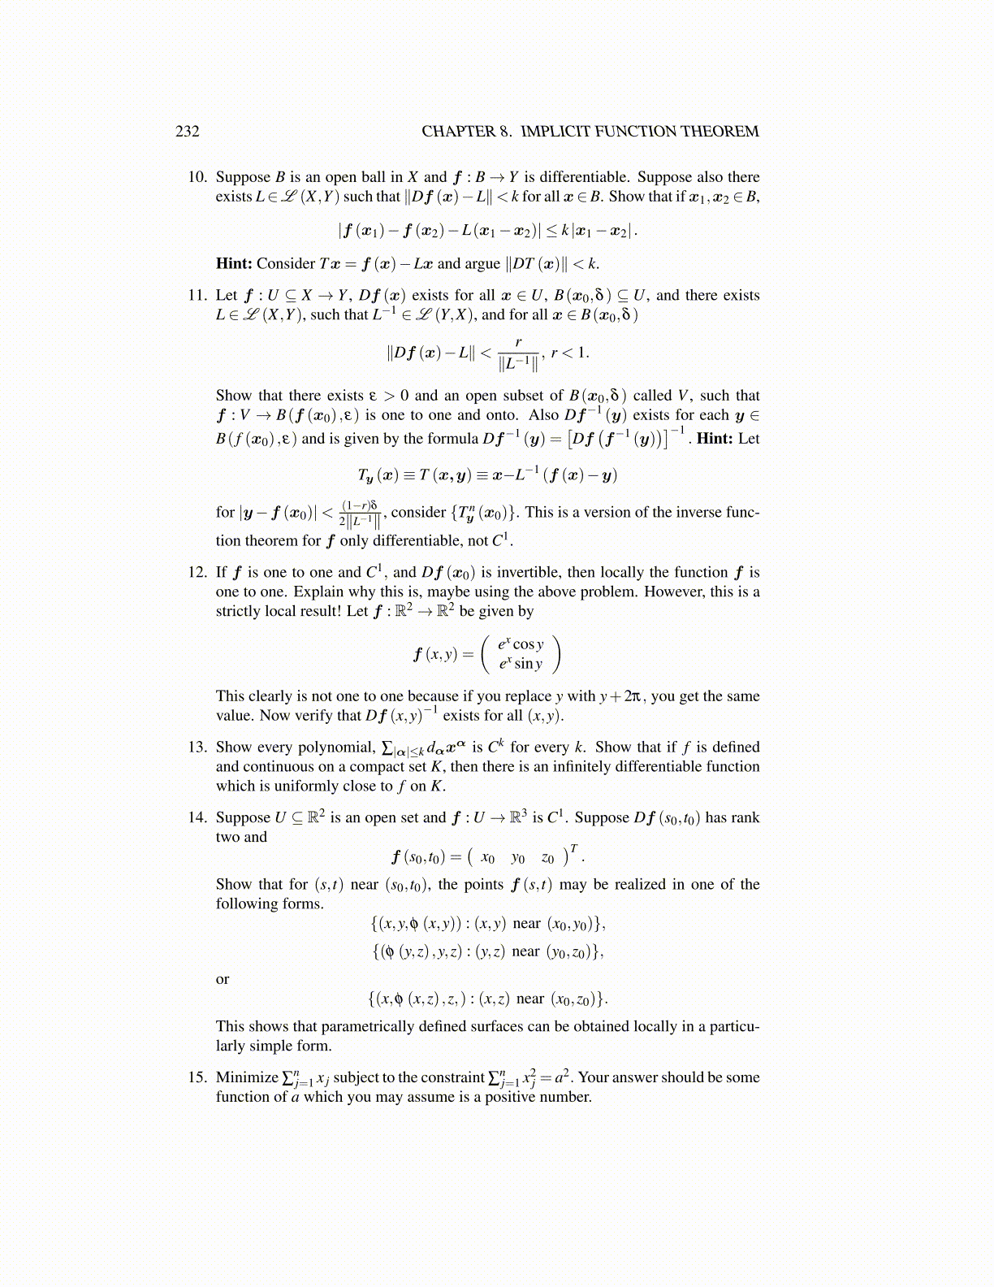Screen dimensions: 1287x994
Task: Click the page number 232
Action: coord(187,132)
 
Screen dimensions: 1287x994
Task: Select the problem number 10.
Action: coord(197,177)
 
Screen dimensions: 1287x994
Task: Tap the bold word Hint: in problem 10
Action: coord(234,263)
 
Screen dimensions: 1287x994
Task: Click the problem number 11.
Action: coord(197,295)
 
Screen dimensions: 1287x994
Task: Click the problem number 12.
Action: coord(197,572)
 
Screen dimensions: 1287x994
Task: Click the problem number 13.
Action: coord(197,747)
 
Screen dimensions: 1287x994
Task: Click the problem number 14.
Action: coord(197,817)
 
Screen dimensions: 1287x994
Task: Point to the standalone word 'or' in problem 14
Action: coord(223,979)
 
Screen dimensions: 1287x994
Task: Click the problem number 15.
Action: coord(197,1077)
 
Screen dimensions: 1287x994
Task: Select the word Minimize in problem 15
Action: coord(247,1077)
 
